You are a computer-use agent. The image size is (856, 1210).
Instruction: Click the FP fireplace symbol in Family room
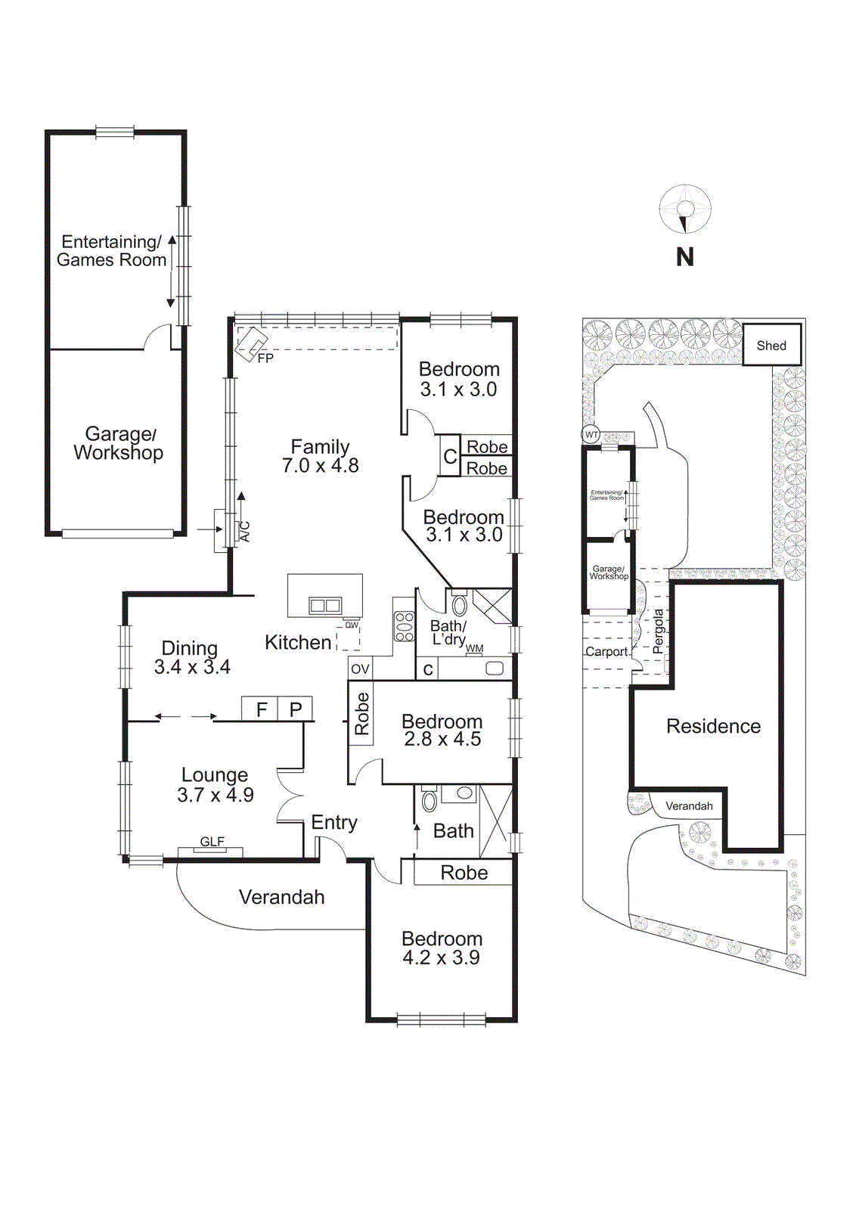251,345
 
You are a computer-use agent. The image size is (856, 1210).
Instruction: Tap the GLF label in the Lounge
212,842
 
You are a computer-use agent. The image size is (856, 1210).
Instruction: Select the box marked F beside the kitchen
261,709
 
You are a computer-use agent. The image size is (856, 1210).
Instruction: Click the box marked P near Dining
296,709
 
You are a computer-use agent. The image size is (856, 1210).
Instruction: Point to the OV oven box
360,669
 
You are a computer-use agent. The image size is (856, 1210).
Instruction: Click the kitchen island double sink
325,605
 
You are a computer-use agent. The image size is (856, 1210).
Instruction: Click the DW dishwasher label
352,625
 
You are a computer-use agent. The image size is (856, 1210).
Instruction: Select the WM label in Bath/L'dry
474,649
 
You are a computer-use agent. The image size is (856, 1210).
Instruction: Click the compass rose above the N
685,209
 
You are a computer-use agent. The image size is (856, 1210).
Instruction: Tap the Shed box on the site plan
771,346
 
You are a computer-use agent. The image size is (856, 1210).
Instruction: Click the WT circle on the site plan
591,435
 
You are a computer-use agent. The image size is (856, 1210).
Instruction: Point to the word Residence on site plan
713,726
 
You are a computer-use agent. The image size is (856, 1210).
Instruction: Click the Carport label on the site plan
606,652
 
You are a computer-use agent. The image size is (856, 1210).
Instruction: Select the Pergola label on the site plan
658,631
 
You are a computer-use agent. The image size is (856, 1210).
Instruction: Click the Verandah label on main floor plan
281,897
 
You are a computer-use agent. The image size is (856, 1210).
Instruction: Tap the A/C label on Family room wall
244,532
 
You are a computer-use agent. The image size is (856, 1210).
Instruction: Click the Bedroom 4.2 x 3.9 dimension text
441,957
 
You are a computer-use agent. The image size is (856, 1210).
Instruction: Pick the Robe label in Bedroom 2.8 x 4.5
361,713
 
